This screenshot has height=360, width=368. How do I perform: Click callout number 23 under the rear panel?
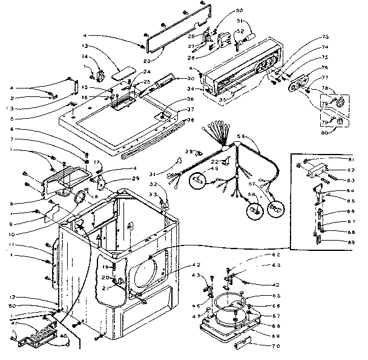click(x=146, y=59)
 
